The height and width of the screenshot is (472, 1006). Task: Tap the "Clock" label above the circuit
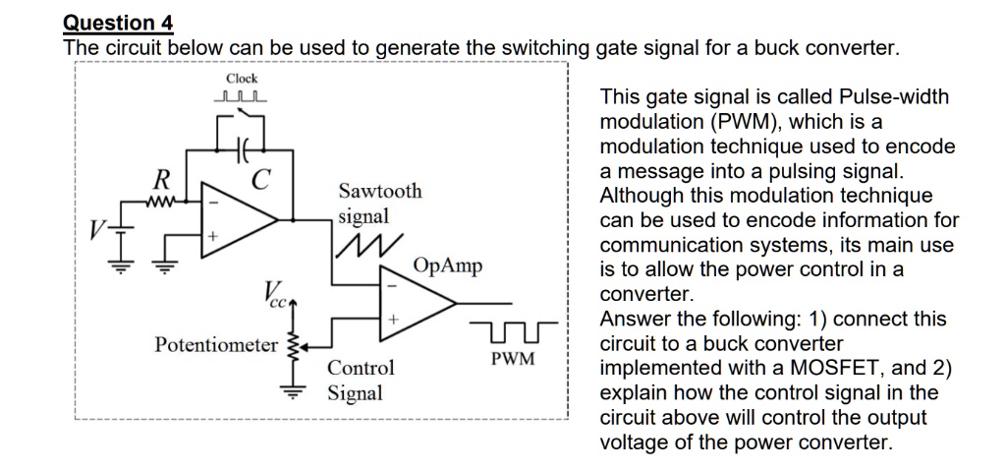coord(242,79)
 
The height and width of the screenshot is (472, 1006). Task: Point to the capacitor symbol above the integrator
coord(241,150)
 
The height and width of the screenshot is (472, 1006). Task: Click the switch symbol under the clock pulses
coord(242,119)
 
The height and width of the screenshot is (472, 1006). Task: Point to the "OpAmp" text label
coord(448,266)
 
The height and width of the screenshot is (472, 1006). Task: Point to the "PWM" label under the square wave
coord(513,359)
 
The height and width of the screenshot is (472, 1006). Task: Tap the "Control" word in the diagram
coord(361,369)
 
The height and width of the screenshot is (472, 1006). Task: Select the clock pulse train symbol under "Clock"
coord(242,97)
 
